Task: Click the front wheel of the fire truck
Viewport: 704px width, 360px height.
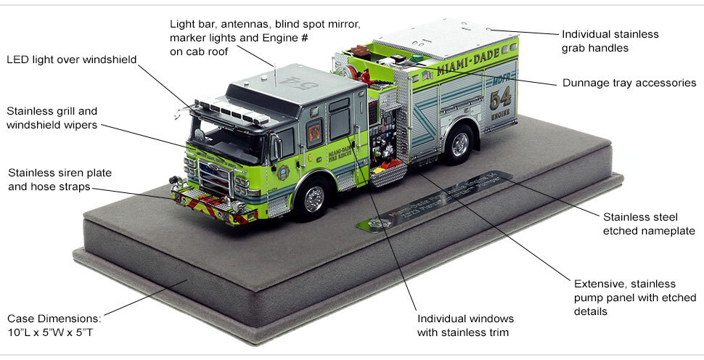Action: tap(314, 198)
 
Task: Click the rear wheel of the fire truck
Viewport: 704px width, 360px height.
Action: tap(459, 144)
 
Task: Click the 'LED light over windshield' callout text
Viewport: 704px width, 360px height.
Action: tap(72, 60)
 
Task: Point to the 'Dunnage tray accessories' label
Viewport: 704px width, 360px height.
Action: tap(629, 83)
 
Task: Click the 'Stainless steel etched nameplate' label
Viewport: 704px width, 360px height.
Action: tap(649, 224)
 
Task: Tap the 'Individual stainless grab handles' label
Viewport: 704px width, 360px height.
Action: tap(610, 41)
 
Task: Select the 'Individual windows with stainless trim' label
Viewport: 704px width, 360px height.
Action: tap(465, 326)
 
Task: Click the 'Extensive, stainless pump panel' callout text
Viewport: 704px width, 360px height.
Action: tap(634, 298)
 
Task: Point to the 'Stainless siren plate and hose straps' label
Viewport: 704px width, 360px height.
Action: tap(60, 180)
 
